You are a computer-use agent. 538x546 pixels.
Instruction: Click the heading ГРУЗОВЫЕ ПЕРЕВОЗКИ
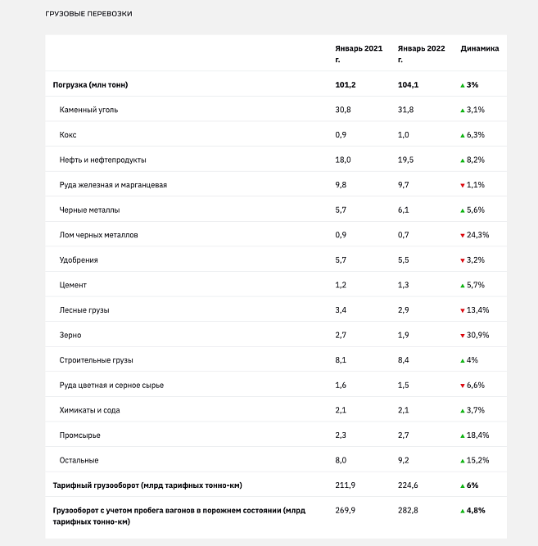(89, 14)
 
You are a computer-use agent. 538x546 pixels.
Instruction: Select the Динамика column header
(480, 48)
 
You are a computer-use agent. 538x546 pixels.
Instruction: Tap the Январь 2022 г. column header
(421, 54)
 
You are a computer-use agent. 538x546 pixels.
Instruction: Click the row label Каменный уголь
(88, 110)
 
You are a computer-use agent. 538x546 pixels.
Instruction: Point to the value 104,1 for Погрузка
(408, 85)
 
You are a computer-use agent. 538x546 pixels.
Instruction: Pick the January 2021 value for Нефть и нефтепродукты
(343, 160)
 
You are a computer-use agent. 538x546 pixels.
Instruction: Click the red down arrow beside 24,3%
(463, 236)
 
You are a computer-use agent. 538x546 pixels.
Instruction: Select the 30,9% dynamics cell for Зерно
(477, 335)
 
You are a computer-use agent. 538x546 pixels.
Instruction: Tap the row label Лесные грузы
(84, 310)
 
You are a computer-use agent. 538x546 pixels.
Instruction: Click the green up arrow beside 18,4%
(463, 435)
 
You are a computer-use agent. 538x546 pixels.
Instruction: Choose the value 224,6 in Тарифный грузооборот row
(408, 485)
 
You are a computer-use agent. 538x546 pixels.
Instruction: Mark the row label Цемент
(73, 285)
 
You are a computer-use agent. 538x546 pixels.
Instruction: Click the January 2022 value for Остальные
(403, 460)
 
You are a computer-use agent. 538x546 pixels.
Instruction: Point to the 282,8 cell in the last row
(408, 511)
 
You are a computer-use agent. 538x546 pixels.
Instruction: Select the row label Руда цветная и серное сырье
(111, 386)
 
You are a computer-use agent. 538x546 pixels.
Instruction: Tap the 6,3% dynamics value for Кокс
(476, 135)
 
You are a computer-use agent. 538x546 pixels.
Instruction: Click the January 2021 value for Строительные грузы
(341, 360)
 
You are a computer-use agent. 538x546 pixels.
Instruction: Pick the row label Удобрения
(79, 260)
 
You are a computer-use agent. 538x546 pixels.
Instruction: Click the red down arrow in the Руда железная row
(463, 185)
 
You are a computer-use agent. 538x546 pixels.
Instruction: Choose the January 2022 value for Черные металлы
(403, 210)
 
